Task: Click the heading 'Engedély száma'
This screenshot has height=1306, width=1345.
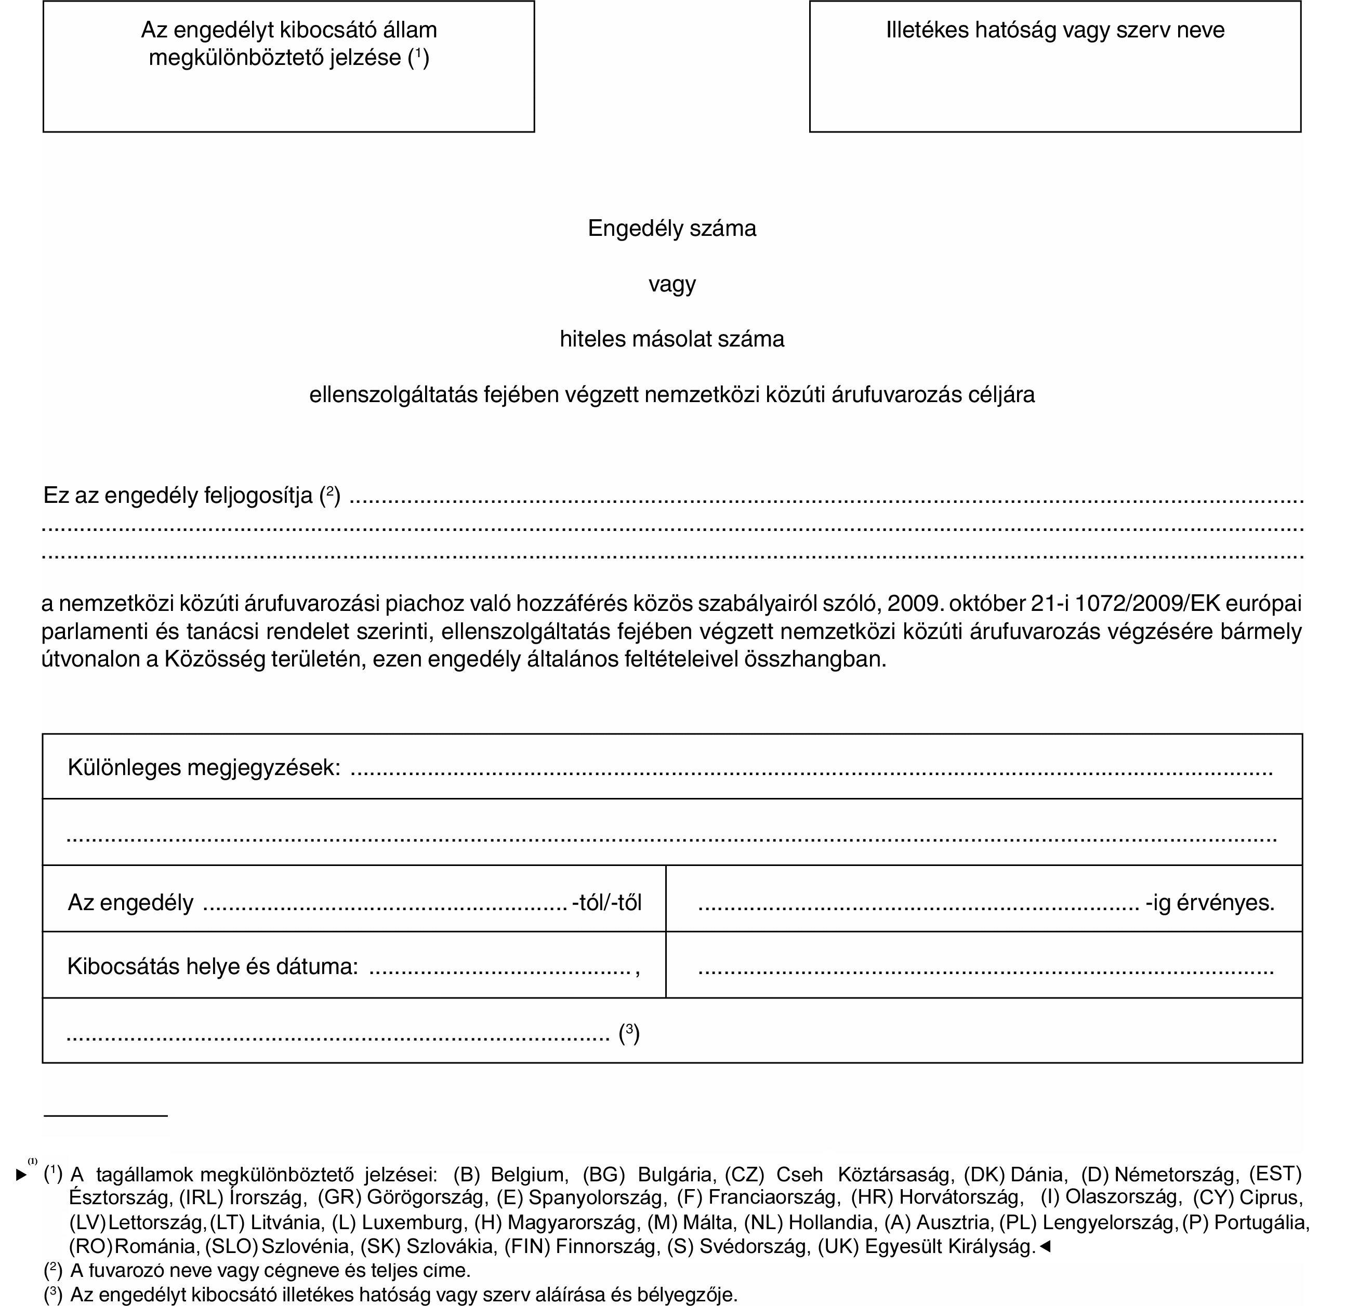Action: click(672, 229)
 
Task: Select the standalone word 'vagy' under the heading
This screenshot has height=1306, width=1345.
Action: click(672, 284)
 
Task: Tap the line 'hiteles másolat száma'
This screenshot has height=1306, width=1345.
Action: click(672, 339)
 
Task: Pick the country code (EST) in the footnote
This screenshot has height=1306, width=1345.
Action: click(1275, 1174)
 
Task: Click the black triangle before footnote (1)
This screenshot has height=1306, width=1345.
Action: click(22, 1175)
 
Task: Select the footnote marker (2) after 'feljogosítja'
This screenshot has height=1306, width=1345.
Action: click(330, 495)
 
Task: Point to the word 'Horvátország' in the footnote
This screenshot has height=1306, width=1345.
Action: click(959, 1197)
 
